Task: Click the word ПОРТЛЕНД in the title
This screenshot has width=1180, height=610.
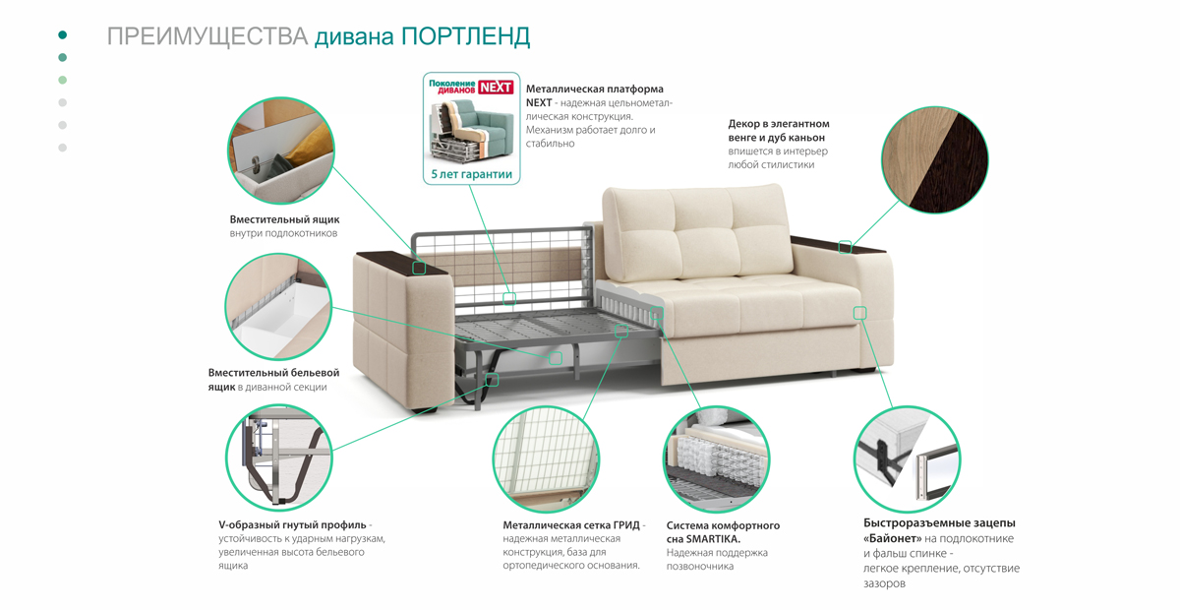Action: pos(466,37)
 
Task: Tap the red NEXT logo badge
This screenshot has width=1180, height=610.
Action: pos(496,87)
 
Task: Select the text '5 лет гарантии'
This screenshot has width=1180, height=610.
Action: pos(471,174)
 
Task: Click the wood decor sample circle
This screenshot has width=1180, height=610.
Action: pos(935,159)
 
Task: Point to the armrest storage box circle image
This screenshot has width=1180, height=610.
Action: pos(281,151)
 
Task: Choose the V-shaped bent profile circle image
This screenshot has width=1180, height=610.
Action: pos(279,457)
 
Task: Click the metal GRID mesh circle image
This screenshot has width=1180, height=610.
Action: pos(547,459)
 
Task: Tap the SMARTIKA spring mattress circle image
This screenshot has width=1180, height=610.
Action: pos(717,459)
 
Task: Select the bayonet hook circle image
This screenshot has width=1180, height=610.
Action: pos(907,459)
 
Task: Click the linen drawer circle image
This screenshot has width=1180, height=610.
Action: pos(278,307)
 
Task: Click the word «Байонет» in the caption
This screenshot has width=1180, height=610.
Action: pos(893,539)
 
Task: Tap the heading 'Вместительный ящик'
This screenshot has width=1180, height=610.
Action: pos(284,219)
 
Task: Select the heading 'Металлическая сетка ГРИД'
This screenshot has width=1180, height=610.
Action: pos(571,525)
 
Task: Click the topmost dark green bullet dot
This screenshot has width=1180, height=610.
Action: pos(63,34)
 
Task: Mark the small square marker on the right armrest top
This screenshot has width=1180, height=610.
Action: pos(845,247)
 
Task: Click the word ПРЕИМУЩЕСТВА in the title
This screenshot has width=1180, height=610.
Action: pos(207,37)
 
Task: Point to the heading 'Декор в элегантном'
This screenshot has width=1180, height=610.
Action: pos(779,124)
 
